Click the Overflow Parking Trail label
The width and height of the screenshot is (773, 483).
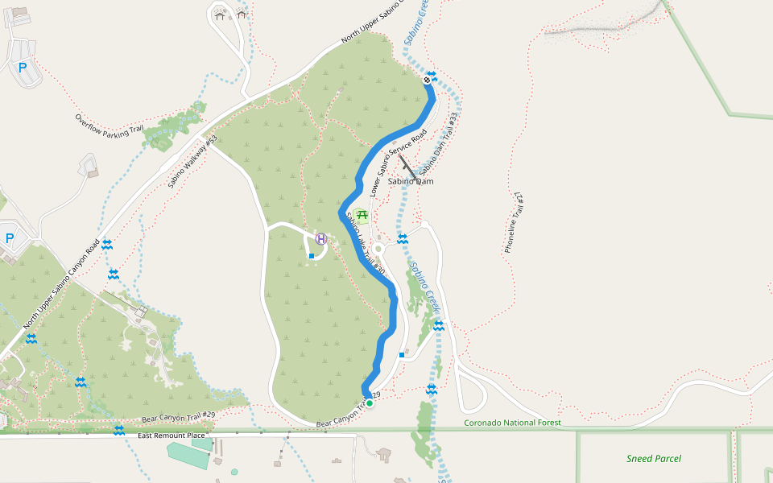click(110, 126)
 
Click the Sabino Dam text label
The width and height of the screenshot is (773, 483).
click(411, 181)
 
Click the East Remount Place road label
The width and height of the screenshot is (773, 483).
click(172, 436)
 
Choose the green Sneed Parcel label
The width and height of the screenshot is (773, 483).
click(654, 459)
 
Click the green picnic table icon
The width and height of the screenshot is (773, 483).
click(362, 215)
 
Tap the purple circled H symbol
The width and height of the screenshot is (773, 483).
click(321, 238)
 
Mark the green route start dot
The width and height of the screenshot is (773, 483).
click(370, 403)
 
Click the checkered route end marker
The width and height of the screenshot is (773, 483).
click(427, 80)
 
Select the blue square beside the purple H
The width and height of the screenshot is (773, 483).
click(312, 256)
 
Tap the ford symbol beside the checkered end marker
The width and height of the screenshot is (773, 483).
click(432, 75)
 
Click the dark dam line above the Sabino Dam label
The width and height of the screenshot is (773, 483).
click(407, 167)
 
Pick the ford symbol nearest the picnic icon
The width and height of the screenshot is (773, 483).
click(402, 238)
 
